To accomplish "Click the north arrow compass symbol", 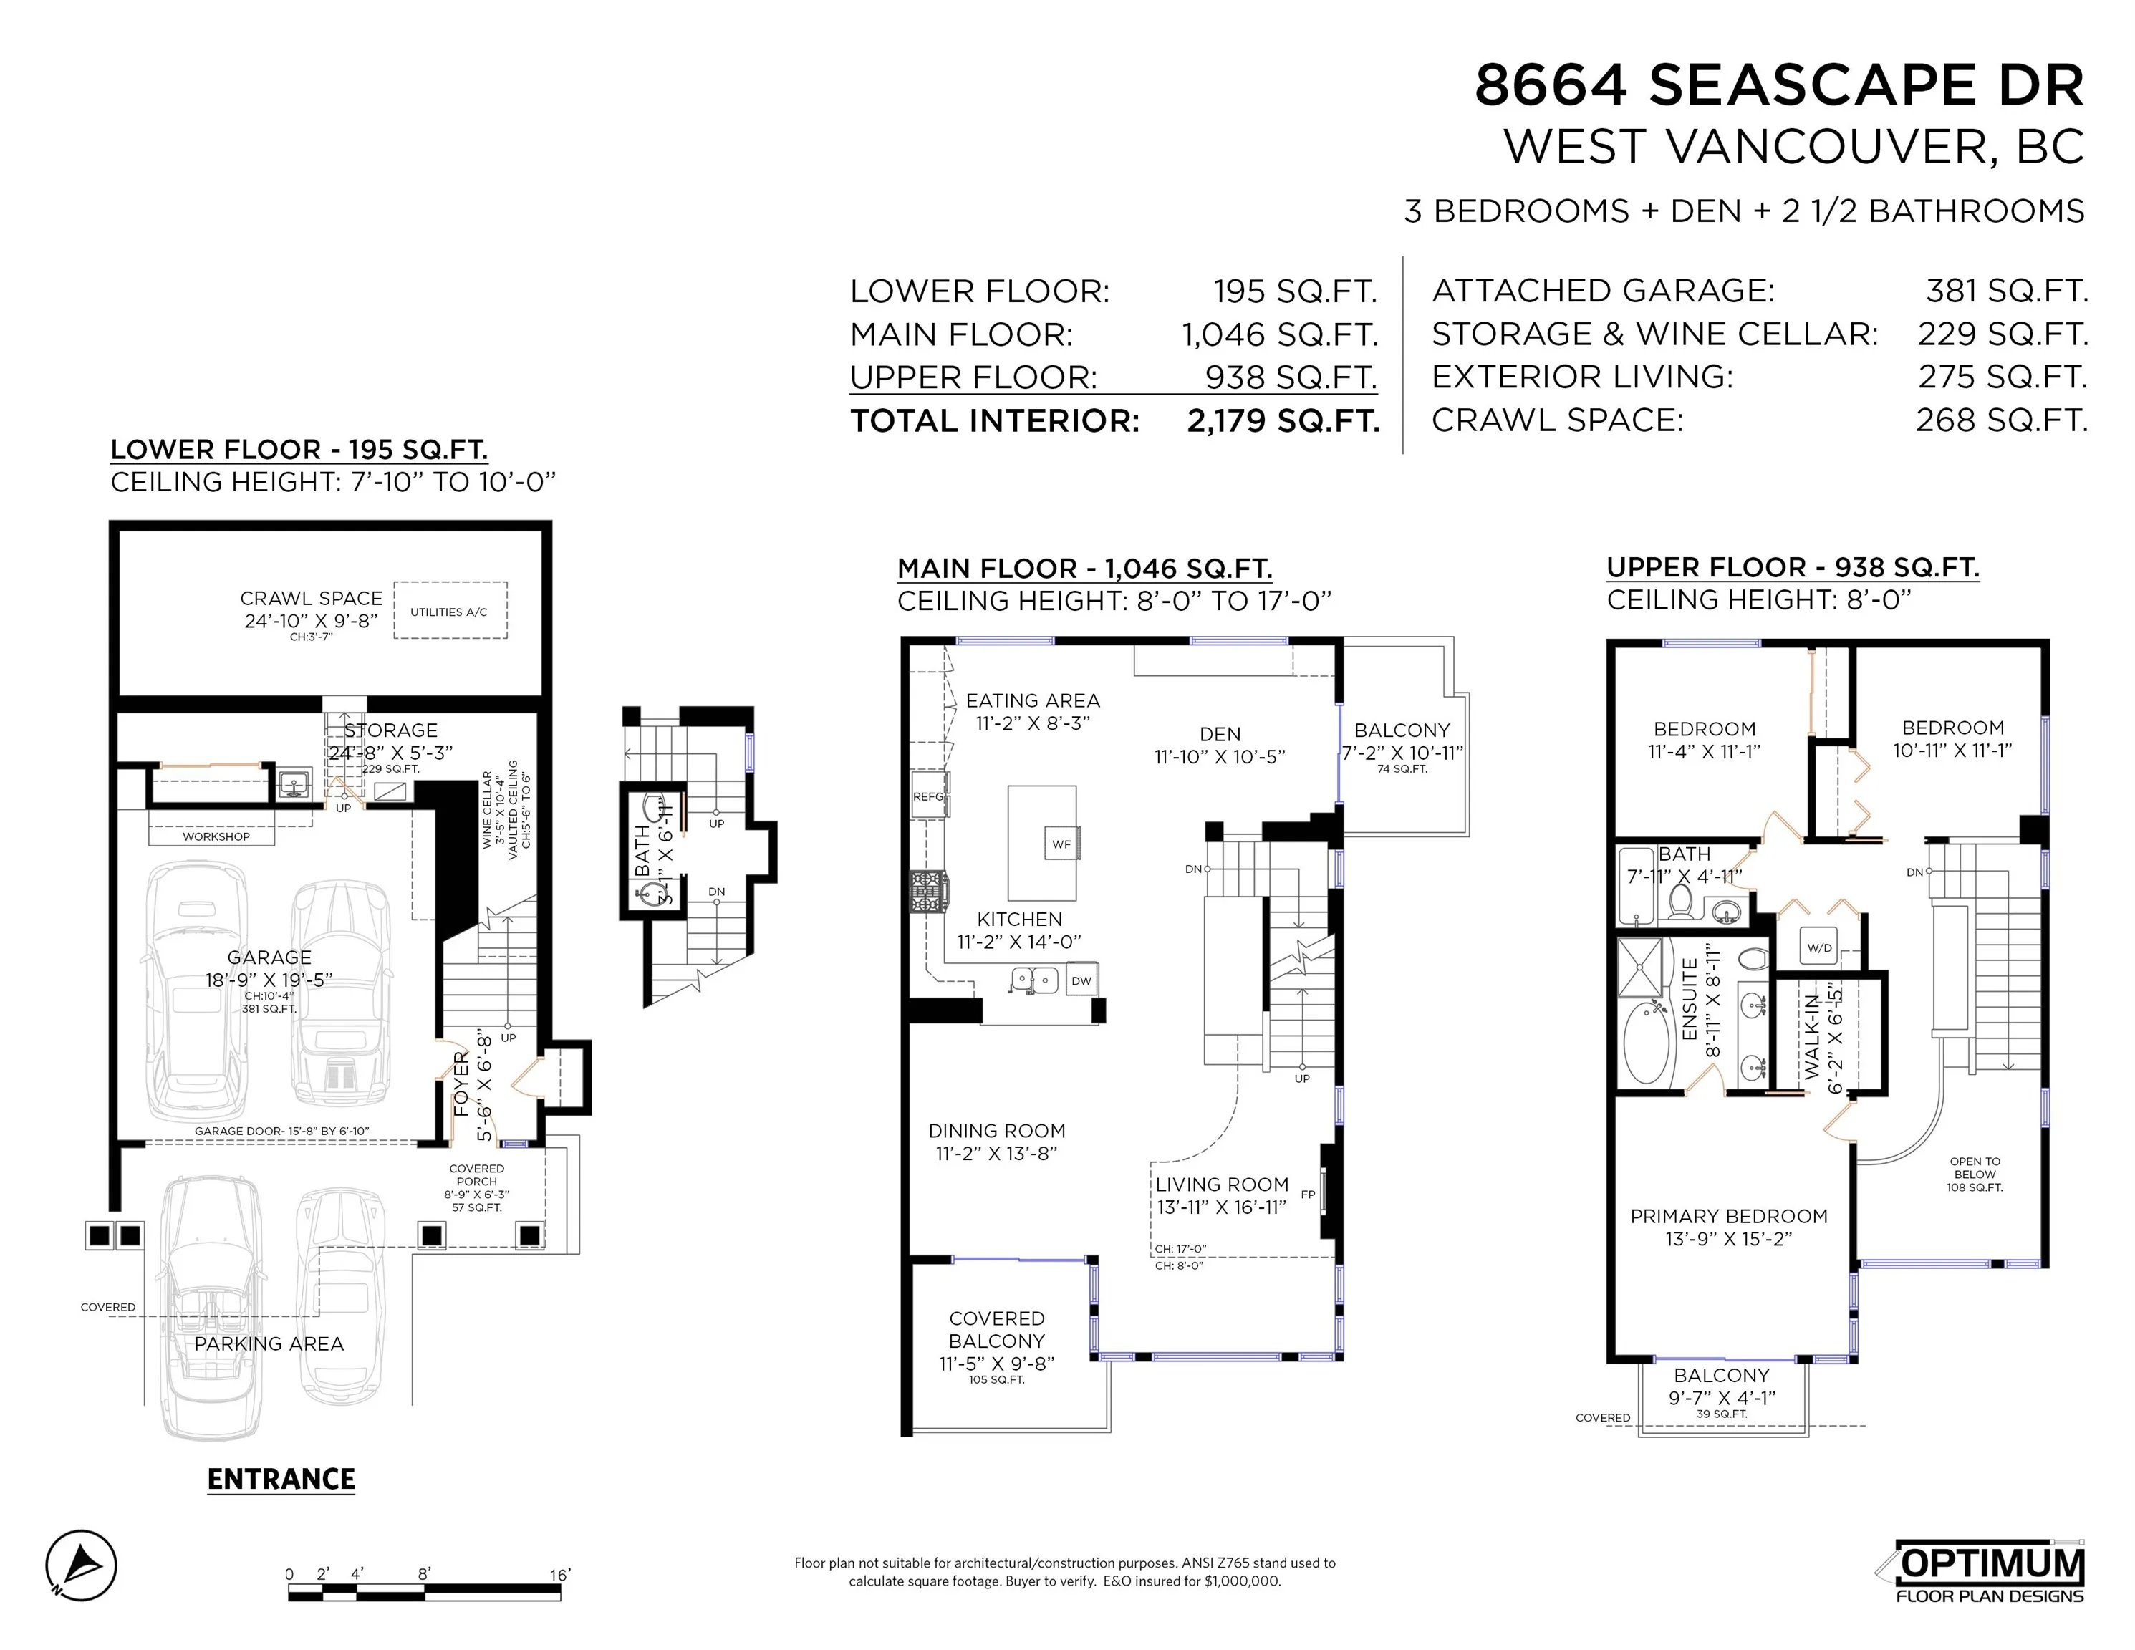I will coord(81,1565).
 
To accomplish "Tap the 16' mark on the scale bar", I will coord(559,1575).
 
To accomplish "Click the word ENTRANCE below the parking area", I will coord(281,1479).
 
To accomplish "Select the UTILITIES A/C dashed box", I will coord(450,611).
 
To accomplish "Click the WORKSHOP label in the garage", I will coord(216,836).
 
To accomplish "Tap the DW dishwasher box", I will coord(1081,980).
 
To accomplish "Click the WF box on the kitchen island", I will coord(1061,844).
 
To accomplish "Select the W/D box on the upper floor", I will coord(1819,947).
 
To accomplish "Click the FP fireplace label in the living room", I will coord(1308,1194).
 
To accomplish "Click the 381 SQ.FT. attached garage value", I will coord(2006,290).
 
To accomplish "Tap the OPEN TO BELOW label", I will coord(1975,1174).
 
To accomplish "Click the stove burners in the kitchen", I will coord(927,892).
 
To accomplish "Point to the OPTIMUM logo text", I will coord(1990,1565).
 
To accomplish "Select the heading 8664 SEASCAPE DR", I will coord(1779,85).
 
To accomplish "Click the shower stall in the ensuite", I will coord(1640,967).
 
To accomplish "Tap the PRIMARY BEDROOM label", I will coord(1728,1216).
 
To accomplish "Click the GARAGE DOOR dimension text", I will coord(281,1131).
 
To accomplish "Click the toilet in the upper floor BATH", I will coord(1682,902).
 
